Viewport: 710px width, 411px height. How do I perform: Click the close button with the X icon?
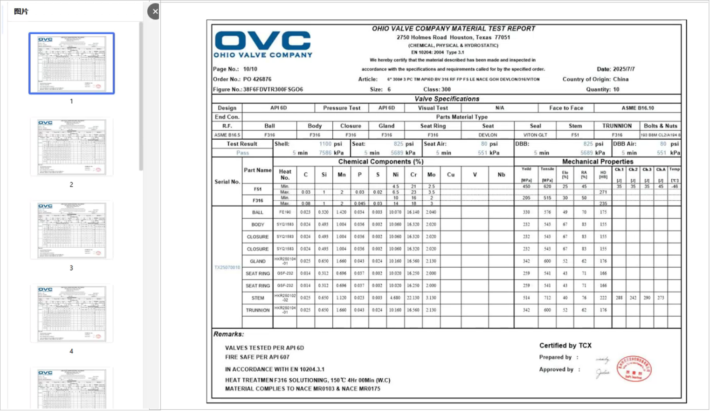click(x=155, y=12)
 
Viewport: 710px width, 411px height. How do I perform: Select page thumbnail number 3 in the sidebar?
click(x=72, y=230)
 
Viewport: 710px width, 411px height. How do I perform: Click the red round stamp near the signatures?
click(x=634, y=369)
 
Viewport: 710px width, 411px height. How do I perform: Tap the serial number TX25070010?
click(x=227, y=267)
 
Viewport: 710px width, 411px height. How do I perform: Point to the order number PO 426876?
click(x=257, y=79)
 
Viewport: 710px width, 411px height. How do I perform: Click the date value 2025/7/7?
click(x=624, y=69)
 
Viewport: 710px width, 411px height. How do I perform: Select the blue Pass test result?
click(x=243, y=153)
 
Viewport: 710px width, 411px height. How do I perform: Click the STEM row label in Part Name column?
click(x=257, y=298)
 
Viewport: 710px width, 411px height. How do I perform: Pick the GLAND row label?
click(x=257, y=261)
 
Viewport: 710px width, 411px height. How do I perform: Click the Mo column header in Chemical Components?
click(x=431, y=175)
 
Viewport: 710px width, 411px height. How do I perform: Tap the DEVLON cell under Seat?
click(x=488, y=135)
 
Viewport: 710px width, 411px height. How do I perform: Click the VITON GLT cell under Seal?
click(x=535, y=135)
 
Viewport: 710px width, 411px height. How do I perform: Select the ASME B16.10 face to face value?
click(x=637, y=108)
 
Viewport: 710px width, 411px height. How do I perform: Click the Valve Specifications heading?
click(x=446, y=99)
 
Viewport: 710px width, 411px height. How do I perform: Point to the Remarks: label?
click(x=229, y=334)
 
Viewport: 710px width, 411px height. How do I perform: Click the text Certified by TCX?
click(x=565, y=345)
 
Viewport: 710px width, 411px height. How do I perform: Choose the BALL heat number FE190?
click(x=285, y=212)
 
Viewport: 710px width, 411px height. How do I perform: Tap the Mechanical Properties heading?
click(x=597, y=162)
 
